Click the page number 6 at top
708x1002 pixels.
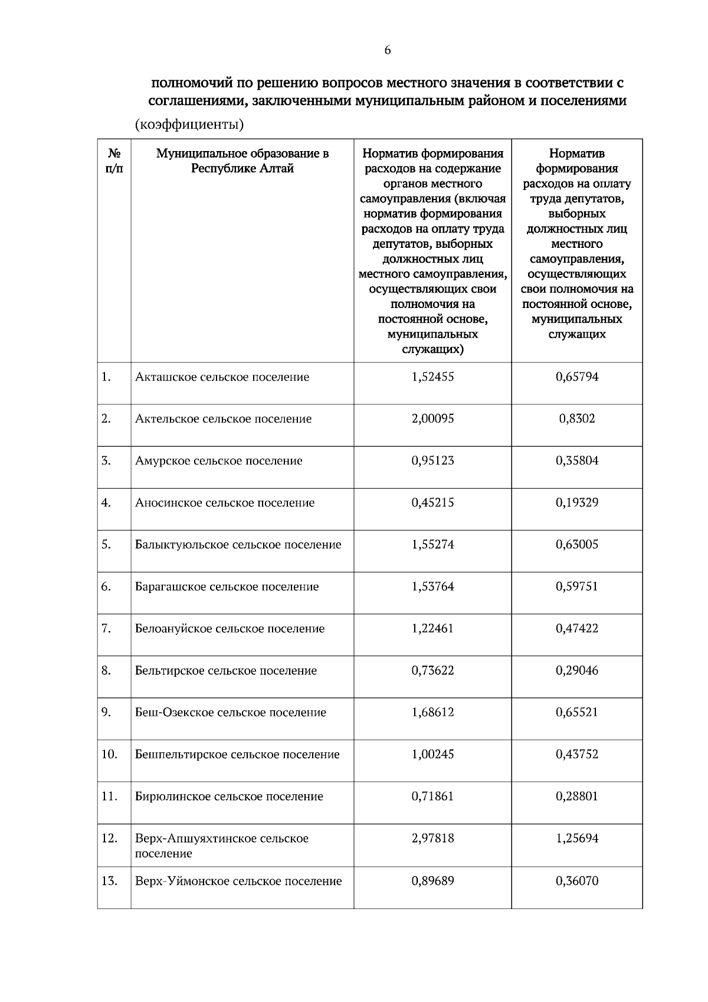pyautogui.click(x=387, y=51)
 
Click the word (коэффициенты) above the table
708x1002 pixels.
pyautogui.click(x=189, y=125)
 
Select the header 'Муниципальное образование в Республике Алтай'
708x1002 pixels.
pyautogui.click(x=242, y=161)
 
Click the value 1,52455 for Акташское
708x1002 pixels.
pyautogui.click(x=432, y=377)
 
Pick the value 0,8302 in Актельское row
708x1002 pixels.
pyautogui.click(x=576, y=419)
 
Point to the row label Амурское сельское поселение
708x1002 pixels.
pyautogui.click(x=218, y=461)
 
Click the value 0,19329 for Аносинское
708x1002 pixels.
pyautogui.click(x=576, y=503)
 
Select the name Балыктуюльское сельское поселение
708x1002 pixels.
pyautogui.click(x=238, y=545)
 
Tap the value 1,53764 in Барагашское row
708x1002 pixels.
pyautogui.click(x=432, y=587)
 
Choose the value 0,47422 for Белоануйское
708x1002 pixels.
pyautogui.click(x=576, y=628)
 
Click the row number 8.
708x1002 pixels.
pyautogui.click(x=106, y=670)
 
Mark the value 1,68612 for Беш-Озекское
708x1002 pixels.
pyautogui.click(x=432, y=712)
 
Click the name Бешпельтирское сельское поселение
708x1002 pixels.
pyautogui.click(x=237, y=755)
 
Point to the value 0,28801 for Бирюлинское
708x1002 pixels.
pyautogui.click(x=576, y=797)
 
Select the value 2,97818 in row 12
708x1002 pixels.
pyautogui.click(x=432, y=839)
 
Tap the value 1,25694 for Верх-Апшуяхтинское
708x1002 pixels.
pyautogui.click(x=576, y=839)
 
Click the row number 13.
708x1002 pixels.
pyautogui.click(x=109, y=881)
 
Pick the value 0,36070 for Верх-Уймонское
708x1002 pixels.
pyautogui.click(x=576, y=881)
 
